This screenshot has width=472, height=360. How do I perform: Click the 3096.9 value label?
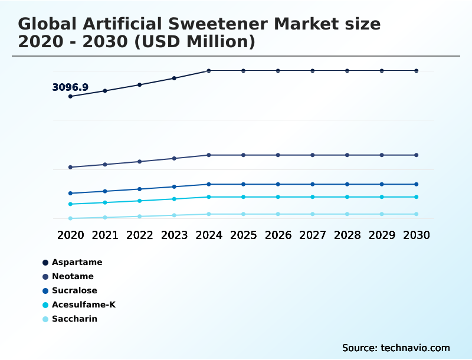[x=70, y=87]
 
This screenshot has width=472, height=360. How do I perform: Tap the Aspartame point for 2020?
[x=71, y=96]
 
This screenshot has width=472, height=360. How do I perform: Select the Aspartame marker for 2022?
[x=140, y=84]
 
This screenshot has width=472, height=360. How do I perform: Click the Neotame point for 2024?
[x=209, y=155]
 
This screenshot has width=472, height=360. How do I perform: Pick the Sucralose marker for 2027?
[x=313, y=184]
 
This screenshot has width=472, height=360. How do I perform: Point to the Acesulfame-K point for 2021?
[x=105, y=202]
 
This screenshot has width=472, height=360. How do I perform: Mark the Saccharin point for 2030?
[x=417, y=214]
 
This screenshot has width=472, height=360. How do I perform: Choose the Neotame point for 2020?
[x=71, y=167]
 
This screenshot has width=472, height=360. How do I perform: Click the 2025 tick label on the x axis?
[x=244, y=235]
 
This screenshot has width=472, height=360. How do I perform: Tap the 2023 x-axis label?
[x=174, y=235]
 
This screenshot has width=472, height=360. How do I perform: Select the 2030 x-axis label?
[x=417, y=235]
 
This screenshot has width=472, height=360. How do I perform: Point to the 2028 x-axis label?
[x=348, y=235]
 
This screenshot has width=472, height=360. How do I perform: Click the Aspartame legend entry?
[x=77, y=262]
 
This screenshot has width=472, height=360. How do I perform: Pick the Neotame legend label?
[x=73, y=276]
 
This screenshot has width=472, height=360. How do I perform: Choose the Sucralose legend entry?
[x=74, y=290]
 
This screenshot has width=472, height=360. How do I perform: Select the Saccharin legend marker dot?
[x=45, y=319]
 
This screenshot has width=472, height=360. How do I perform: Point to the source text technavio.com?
[x=415, y=348]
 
